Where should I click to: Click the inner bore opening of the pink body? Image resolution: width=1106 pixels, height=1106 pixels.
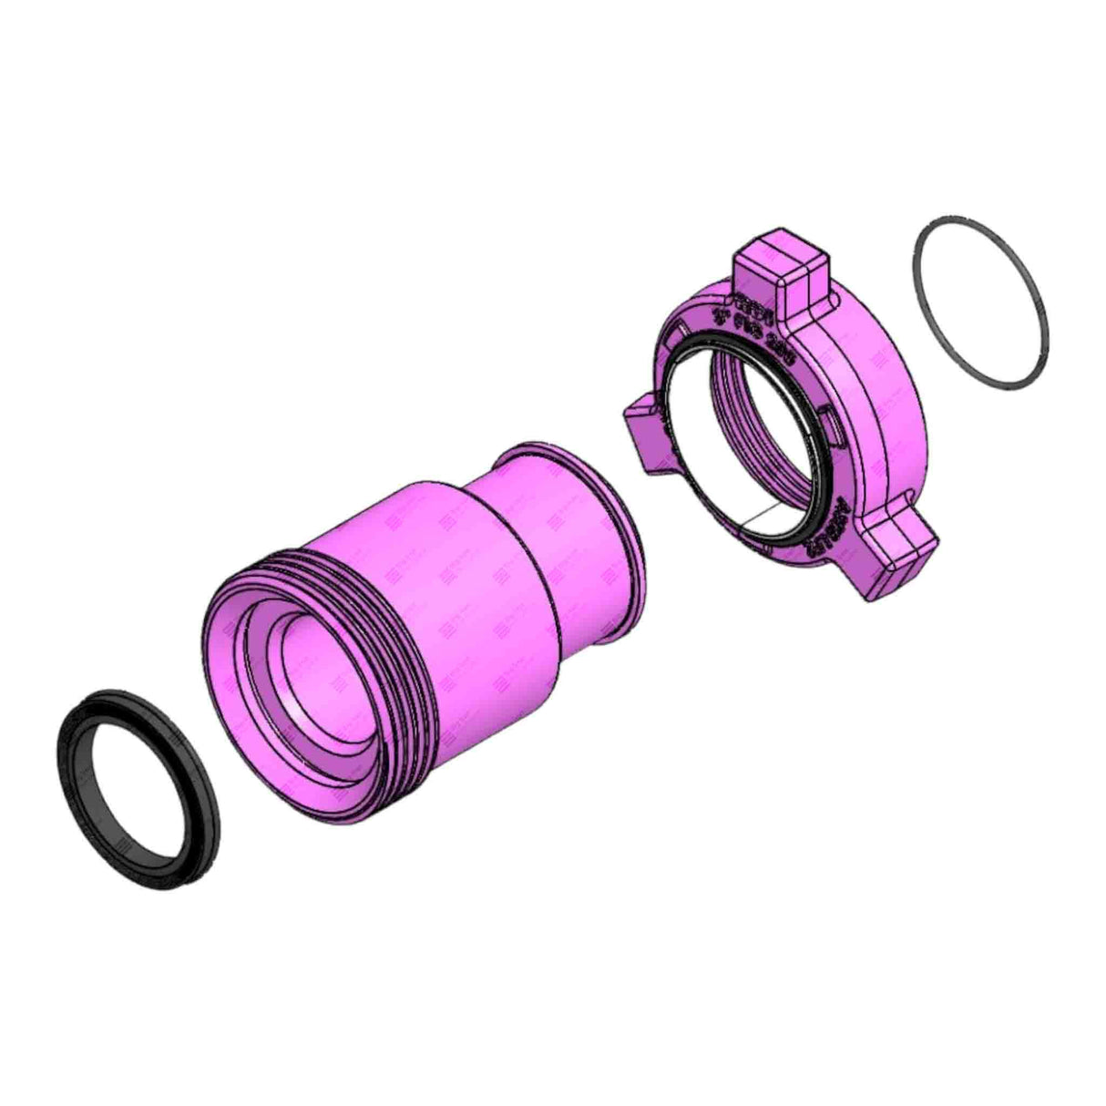pyautogui.click(x=314, y=674)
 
